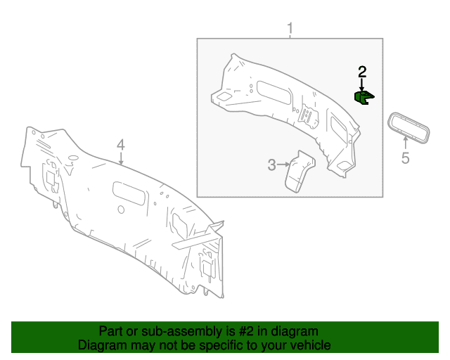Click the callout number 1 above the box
click(x=290, y=28)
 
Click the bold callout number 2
click(x=362, y=72)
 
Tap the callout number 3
click(x=272, y=165)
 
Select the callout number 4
click(x=121, y=145)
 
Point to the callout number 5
click(x=405, y=158)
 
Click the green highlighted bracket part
click(x=364, y=98)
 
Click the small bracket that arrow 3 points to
click(x=300, y=171)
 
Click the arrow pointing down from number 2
click(x=362, y=85)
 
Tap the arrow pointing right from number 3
click(x=284, y=165)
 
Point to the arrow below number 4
click(x=121, y=159)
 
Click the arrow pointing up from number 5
click(x=406, y=143)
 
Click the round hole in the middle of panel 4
click(x=121, y=210)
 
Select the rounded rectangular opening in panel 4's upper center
click(x=129, y=193)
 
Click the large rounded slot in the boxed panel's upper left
click(x=274, y=92)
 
